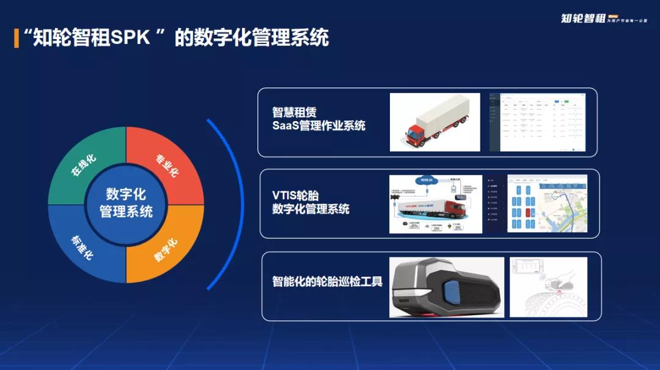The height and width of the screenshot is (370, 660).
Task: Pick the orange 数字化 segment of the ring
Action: pos(166,248)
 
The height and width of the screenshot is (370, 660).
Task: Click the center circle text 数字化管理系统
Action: pos(126,203)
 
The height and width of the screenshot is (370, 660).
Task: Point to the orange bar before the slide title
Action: pos(16,38)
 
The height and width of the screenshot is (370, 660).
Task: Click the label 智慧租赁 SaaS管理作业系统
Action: pos(318,119)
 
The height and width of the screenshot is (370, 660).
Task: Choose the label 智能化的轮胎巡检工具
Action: pos(327,282)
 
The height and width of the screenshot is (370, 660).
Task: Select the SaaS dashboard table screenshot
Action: pos(537,122)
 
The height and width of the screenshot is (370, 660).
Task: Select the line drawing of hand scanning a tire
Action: pos(548,287)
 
